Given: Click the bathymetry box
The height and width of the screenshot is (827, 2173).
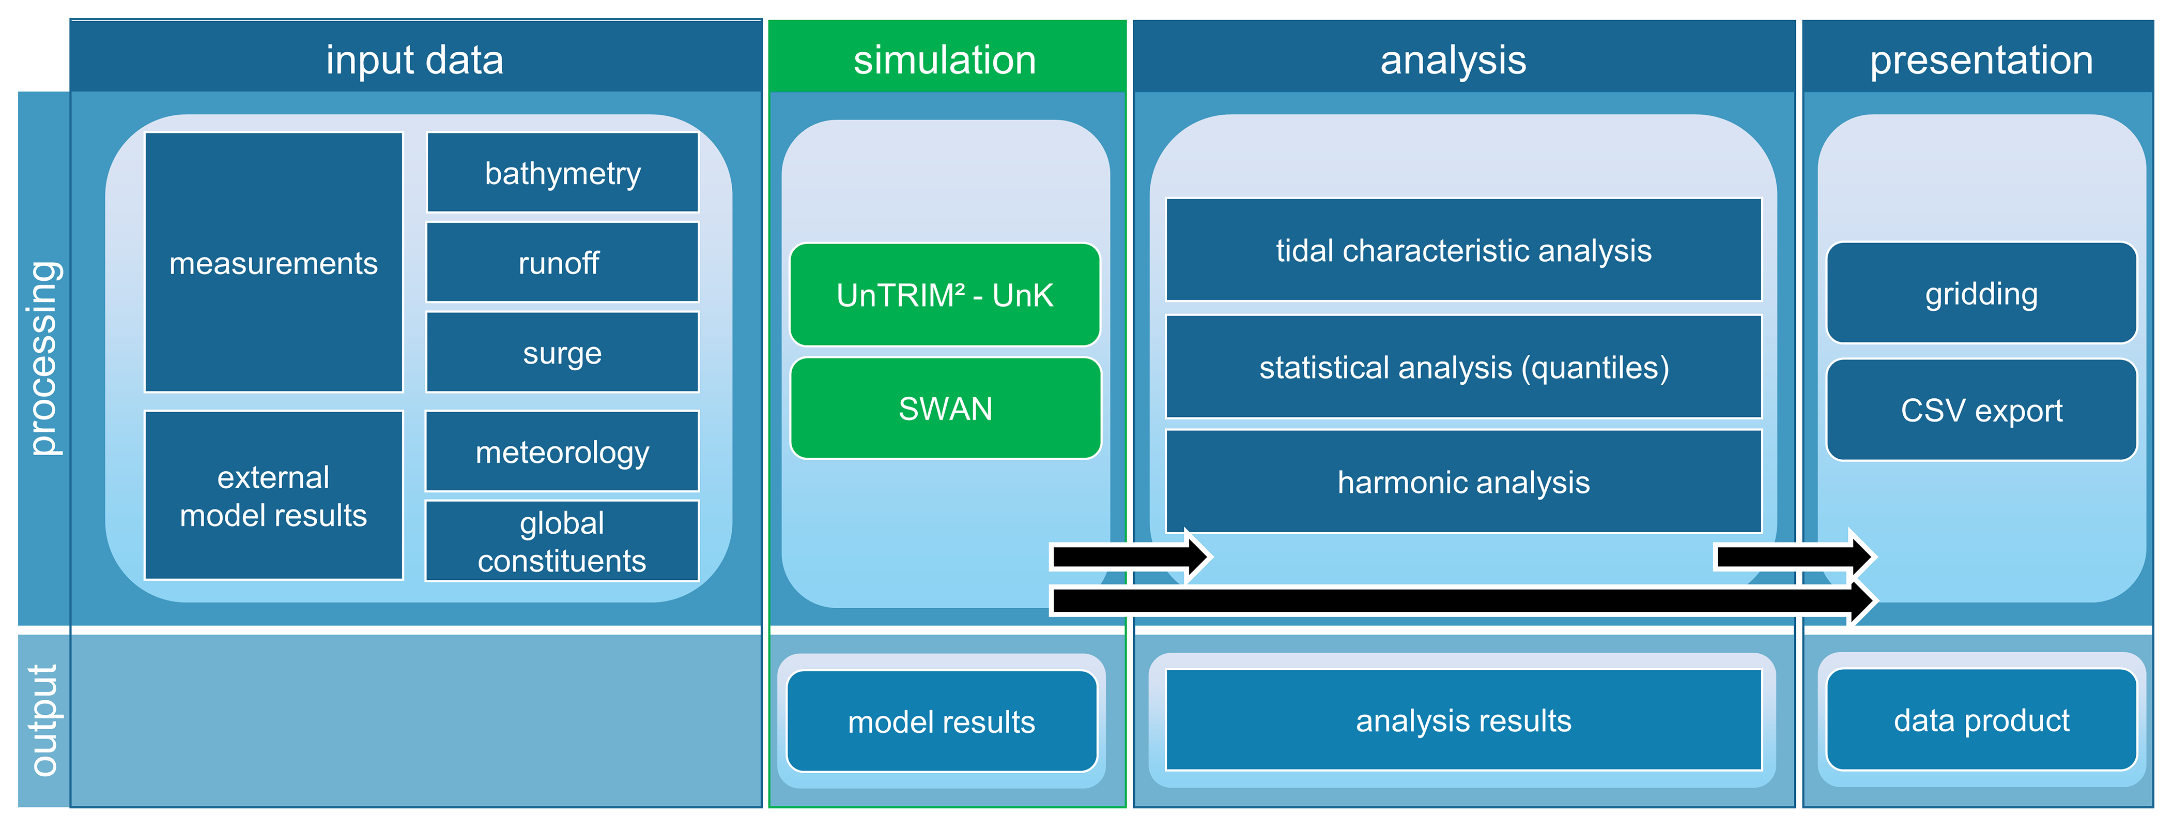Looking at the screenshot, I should point(563,173).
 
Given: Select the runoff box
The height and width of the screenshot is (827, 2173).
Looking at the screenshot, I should point(563,262).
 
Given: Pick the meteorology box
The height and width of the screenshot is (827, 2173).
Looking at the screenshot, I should point(563,452).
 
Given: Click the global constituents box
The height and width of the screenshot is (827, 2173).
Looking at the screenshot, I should point(563,541).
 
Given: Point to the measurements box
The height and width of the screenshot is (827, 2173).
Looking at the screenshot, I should point(273,262).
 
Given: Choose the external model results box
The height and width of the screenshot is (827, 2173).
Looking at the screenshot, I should point(273,495).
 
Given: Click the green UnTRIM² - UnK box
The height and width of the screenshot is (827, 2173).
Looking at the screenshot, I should point(945,294).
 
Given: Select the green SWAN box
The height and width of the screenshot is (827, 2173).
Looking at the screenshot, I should point(945,409).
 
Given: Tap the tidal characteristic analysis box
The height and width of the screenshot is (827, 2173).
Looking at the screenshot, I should point(1463,250).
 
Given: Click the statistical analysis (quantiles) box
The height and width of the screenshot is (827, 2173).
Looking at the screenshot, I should point(1463,367).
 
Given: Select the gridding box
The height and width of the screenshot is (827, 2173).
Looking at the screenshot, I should point(1981,293).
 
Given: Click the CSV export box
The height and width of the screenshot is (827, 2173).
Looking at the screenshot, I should point(1981,410).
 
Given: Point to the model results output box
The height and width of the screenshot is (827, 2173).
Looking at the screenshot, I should point(942,721).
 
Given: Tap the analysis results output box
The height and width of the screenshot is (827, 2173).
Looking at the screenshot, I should point(1463,720).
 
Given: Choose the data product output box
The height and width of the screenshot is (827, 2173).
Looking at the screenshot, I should point(1981,720).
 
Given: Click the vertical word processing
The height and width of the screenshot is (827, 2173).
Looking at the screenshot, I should point(44,358).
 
